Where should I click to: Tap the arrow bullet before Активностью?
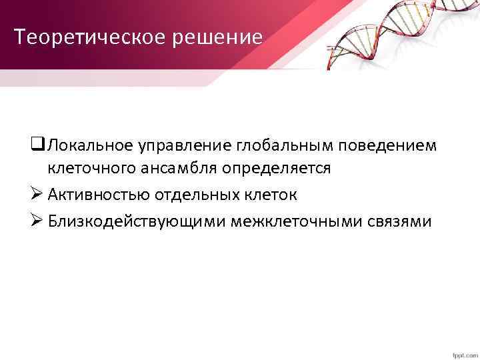[37, 195]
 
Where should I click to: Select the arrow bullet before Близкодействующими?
[37, 221]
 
